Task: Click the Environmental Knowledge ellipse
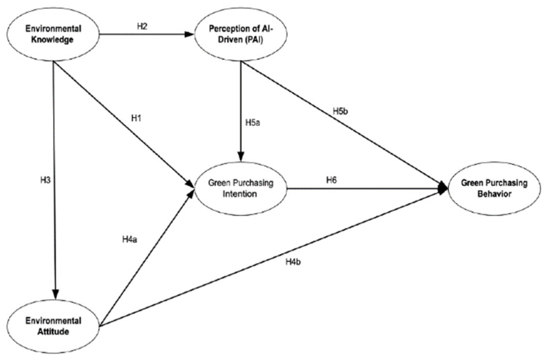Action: (x=53, y=34)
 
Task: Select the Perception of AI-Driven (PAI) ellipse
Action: (x=240, y=34)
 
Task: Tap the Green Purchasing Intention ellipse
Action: (x=240, y=188)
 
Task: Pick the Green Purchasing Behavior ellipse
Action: (x=494, y=188)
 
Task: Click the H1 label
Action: (x=136, y=118)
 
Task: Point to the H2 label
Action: (x=142, y=26)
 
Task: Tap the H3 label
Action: (x=45, y=180)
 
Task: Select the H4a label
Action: (x=130, y=239)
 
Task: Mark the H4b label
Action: (x=293, y=262)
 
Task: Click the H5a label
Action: (x=253, y=123)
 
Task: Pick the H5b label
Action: (x=340, y=112)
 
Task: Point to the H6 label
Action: (x=331, y=180)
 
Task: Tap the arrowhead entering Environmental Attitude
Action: (x=56, y=294)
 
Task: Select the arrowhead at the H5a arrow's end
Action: (x=241, y=156)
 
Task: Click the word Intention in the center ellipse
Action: (x=240, y=194)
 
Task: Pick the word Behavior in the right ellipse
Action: (x=494, y=194)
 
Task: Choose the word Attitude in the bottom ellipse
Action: (x=53, y=332)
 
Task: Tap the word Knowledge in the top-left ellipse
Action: (x=52, y=40)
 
